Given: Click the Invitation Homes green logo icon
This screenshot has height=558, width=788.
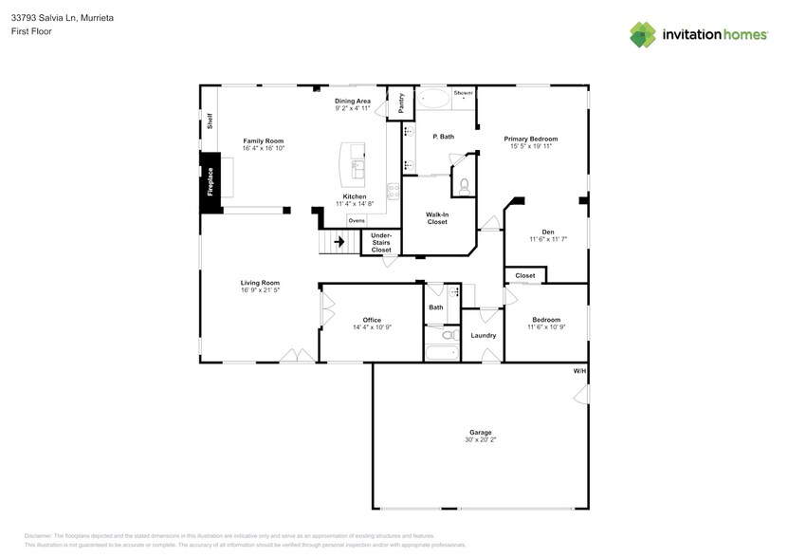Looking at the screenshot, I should coord(643,34).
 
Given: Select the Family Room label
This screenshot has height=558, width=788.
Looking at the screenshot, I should coord(263,140).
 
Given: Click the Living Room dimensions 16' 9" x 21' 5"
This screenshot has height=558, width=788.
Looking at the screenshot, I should coord(260,289).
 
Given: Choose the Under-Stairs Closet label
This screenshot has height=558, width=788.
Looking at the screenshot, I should coord(381,242).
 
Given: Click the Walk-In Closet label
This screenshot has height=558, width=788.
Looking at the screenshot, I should coord(437,218).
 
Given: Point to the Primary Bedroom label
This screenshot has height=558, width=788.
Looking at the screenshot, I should coord(530,139).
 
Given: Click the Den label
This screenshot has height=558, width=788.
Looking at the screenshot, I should coord(547,232).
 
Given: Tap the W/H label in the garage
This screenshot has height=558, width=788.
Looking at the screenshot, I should coord(578,370).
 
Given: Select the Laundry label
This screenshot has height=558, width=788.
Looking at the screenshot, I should coord(483,335).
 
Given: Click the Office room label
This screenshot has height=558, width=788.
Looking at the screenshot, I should coord(371,320).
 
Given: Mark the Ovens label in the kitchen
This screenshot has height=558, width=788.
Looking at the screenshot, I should coord(356,220).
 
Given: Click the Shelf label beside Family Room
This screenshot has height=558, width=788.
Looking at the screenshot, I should coord(210,121).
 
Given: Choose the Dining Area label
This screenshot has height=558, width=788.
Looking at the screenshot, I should coord(353,101).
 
